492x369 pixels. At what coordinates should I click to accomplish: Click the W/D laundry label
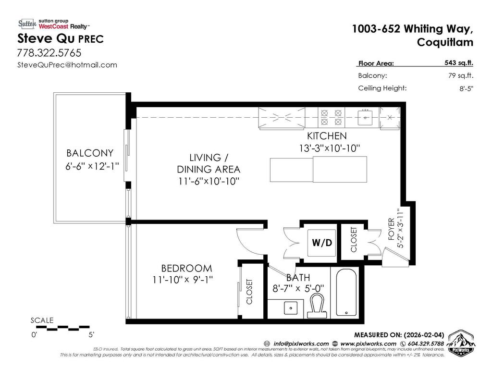(321, 243)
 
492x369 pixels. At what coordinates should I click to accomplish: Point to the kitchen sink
(366, 117)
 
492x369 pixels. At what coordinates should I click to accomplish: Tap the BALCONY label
(90, 153)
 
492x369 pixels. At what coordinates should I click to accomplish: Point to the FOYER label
(391, 229)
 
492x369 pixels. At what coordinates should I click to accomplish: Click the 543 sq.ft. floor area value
(458, 62)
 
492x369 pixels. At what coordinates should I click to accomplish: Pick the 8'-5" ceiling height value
(466, 88)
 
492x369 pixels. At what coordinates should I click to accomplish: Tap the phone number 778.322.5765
(49, 52)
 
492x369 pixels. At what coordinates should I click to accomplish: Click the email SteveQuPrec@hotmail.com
(67, 65)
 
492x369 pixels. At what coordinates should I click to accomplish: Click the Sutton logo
(27, 24)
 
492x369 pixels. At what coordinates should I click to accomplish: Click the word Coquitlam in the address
(444, 42)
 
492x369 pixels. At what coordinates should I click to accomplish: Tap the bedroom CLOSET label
(249, 292)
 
